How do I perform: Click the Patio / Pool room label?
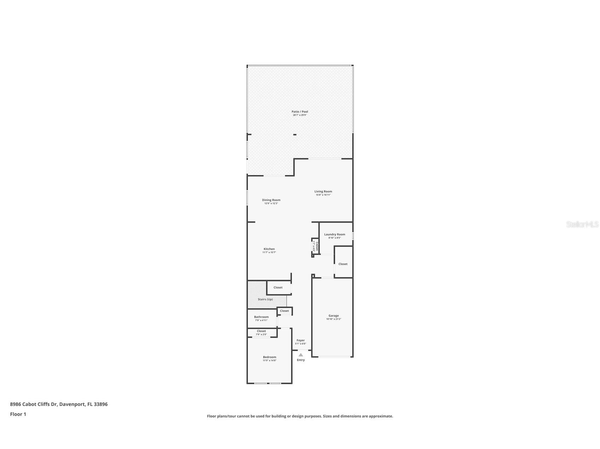[300, 112]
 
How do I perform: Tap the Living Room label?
[323, 192]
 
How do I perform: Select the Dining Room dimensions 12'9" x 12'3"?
[271, 203]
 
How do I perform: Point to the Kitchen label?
[269, 249]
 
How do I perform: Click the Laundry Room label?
[334, 234]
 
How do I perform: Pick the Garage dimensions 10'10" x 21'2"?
[333, 319]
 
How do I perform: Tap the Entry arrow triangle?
[301, 355]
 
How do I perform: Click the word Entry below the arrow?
[301, 360]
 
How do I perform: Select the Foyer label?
[301, 340]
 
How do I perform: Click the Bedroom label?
[269, 357]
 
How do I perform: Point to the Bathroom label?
[261, 317]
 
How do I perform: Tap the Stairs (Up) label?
[265, 299]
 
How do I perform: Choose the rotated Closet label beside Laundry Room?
[317, 246]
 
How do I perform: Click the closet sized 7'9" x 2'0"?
[261, 333]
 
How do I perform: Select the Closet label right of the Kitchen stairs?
[278, 287]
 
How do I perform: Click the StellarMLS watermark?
[582, 224]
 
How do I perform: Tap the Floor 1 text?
[18, 414]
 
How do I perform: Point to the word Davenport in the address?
[72, 404]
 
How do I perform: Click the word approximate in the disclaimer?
[381, 416]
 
